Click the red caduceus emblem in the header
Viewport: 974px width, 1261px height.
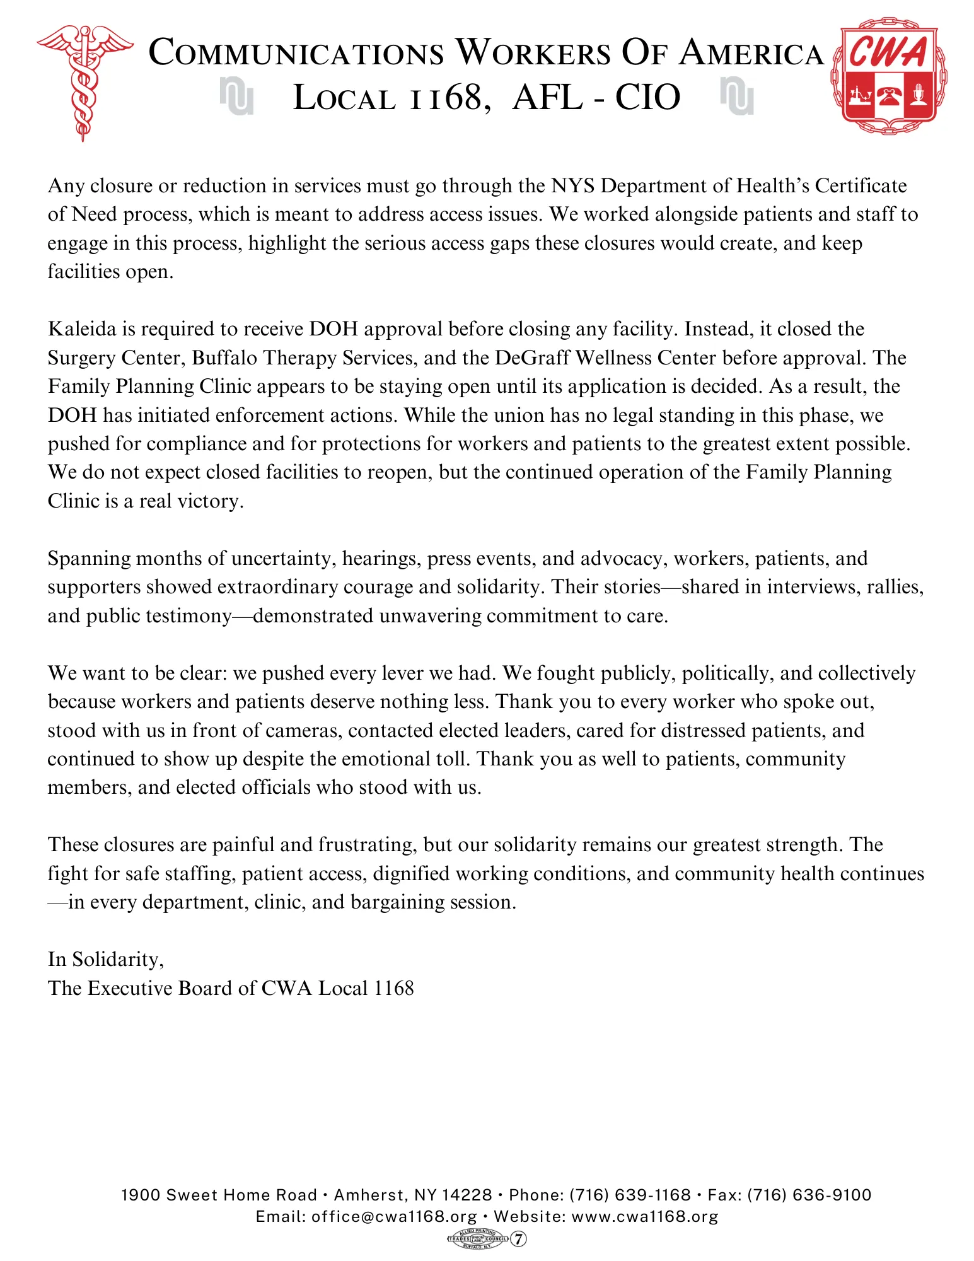(84, 82)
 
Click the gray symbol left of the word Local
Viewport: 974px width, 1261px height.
(237, 96)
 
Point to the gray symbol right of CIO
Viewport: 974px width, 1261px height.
(736, 96)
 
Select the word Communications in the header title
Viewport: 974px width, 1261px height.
(296, 53)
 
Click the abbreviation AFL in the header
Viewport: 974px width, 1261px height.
(547, 98)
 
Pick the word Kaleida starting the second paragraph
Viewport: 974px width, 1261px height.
(82, 329)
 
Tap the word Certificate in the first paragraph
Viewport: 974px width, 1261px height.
(861, 186)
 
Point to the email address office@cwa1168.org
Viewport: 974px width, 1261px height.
(394, 1217)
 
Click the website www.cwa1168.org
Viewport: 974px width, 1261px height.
(644, 1217)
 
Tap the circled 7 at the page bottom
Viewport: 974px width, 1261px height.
(518, 1239)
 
